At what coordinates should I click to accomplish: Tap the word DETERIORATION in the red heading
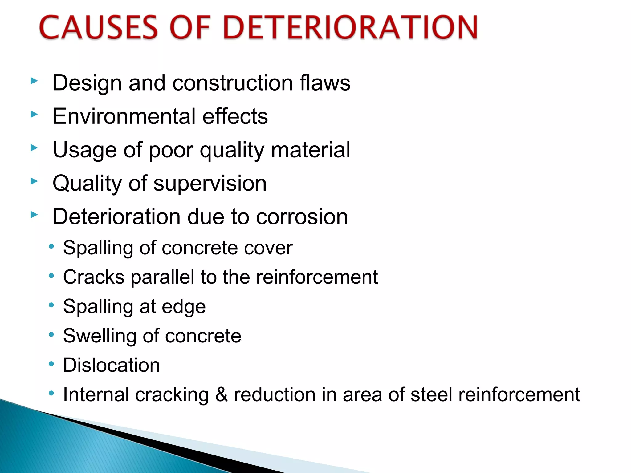pos(351,28)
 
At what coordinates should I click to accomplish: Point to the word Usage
pos(85,150)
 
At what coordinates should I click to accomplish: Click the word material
pos(311,150)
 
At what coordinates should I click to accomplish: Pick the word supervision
pos(210,184)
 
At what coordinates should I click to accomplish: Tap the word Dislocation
pos(111,365)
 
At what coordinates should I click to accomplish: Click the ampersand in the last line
pos(221,394)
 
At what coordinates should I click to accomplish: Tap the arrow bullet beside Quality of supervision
pos(34,181)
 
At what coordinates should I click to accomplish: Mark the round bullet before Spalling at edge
pos(51,305)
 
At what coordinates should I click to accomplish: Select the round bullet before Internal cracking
pos(51,393)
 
